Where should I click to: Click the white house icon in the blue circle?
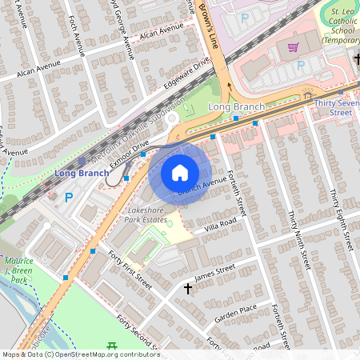click(x=180, y=173)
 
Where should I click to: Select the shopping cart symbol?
click(x=294, y=47)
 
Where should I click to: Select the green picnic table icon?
click(x=111, y=346)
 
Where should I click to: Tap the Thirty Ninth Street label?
click(x=298, y=240)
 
